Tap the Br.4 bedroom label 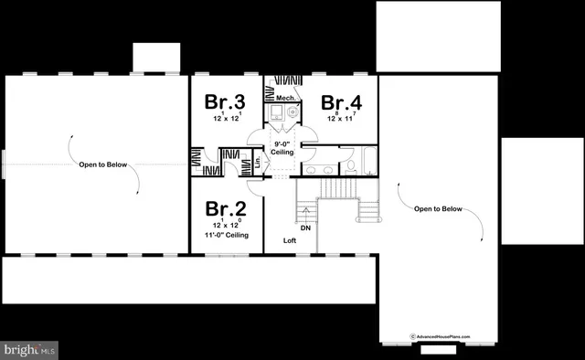coord(341,102)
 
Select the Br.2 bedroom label coord(225,209)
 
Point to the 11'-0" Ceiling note coord(226,235)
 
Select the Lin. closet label coord(258,164)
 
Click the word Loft coord(289,240)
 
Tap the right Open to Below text coord(438,208)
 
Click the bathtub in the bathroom coord(369,161)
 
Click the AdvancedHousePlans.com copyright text coord(440,336)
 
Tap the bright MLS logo coord(30,349)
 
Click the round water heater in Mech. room coord(292,113)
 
